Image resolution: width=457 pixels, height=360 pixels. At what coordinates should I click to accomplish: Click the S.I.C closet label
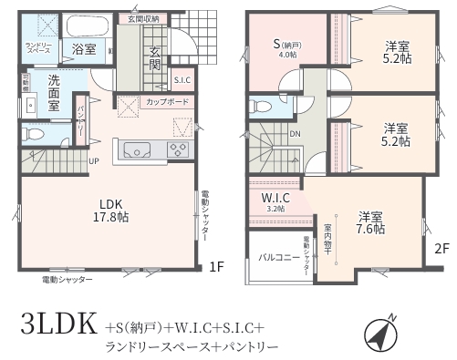[x=182, y=80]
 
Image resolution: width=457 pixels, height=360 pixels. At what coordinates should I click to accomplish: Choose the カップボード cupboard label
[x=167, y=102]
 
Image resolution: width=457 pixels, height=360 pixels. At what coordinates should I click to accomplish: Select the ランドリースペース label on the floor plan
[x=37, y=48]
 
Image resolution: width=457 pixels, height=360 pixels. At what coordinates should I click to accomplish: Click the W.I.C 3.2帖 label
[x=275, y=202]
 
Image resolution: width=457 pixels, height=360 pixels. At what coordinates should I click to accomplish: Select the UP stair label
[x=94, y=161]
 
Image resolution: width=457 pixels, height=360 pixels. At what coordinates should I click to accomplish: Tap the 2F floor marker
[x=441, y=247]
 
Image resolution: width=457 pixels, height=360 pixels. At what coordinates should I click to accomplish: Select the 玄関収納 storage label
[x=143, y=18]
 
